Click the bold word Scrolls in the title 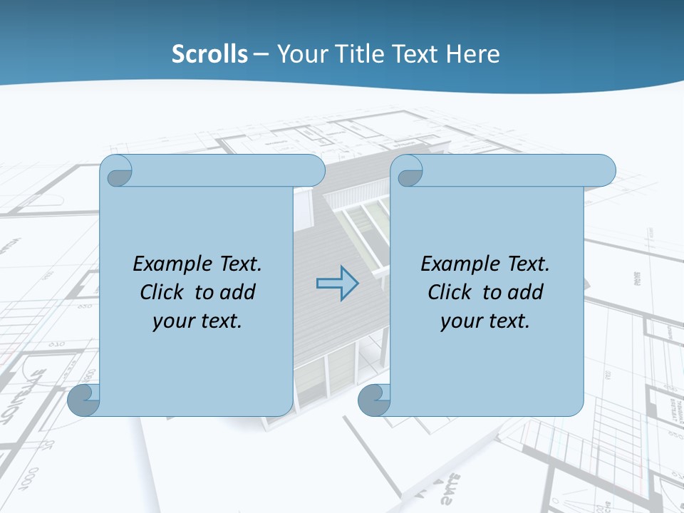pos(209,54)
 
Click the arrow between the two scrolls pos(337,284)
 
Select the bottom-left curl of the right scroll pos(375,400)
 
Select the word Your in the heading pos(299,54)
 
